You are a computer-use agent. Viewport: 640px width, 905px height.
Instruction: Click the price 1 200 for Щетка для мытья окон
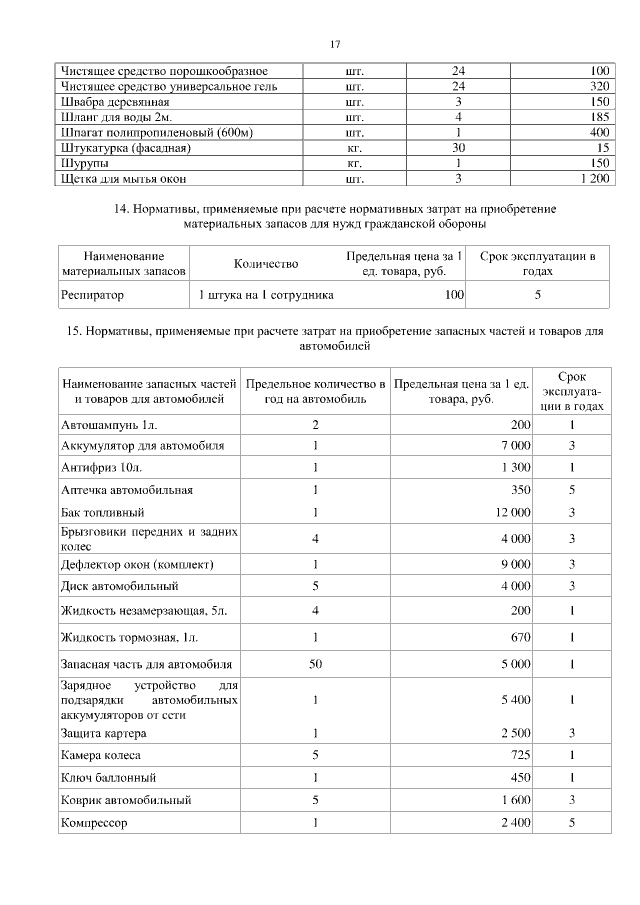[x=589, y=178]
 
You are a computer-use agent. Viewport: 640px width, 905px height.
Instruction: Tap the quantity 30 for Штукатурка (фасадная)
[x=459, y=148]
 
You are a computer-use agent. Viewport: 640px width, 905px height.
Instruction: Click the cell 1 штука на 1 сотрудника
[x=266, y=295]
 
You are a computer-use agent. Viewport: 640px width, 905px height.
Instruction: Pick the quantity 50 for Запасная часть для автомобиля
[x=315, y=664]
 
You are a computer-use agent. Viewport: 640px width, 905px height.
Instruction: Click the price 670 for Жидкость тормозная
[x=520, y=637]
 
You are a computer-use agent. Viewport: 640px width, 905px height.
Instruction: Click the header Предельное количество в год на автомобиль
[x=315, y=391]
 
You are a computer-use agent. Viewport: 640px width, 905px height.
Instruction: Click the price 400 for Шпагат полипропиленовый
[x=599, y=132]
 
